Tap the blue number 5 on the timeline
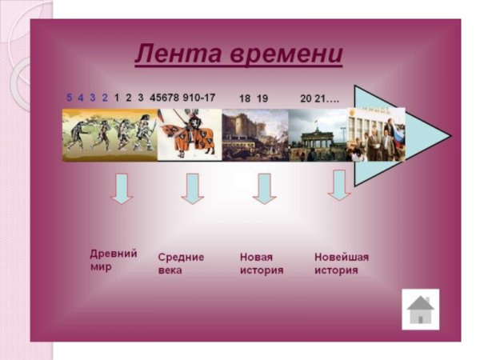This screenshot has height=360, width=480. (x=70, y=98)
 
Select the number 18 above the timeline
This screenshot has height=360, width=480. (x=245, y=98)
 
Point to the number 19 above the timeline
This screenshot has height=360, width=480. (x=262, y=98)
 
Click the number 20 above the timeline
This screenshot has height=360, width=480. (x=306, y=98)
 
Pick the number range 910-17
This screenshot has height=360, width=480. (x=198, y=98)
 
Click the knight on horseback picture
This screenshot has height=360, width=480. (x=190, y=134)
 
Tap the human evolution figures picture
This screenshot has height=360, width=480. (x=110, y=134)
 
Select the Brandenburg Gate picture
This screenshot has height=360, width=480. (x=318, y=134)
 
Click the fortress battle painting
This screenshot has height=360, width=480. (x=255, y=134)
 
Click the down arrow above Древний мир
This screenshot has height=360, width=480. (x=121, y=188)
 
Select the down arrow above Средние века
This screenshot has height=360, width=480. (x=192, y=189)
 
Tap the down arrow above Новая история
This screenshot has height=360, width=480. (x=264, y=189)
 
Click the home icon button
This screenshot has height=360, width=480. (x=420, y=308)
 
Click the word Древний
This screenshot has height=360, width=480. (x=113, y=254)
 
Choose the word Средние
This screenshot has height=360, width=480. (x=180, y=257)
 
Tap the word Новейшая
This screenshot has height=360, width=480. (x=342, y=257)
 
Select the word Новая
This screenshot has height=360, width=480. (x=256, y=257)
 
